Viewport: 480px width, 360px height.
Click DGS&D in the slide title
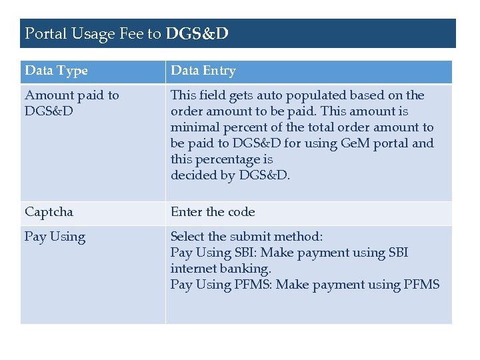(197, 33)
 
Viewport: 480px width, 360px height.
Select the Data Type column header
(56, 71)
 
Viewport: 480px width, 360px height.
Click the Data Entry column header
(203, 71)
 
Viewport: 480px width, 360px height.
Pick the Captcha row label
(49, 213)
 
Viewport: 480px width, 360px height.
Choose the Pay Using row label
(55, 237)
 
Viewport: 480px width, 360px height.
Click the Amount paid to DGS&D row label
(71, 103)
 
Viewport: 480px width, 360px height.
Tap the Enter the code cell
(213, 212)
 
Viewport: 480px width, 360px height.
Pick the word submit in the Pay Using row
(250, 237)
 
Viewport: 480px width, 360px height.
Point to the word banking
(247, 269)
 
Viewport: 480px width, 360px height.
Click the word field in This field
(213, 95)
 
